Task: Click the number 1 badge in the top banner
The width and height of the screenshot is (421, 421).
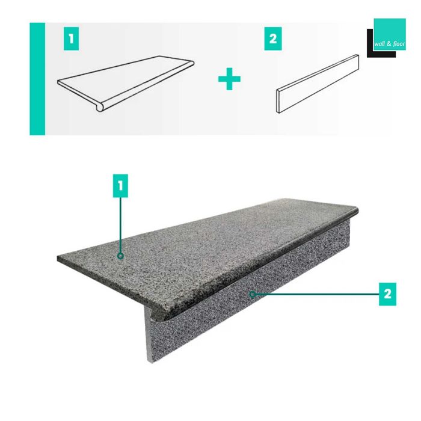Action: [72, 40]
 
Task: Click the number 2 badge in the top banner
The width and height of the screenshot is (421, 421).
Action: [272, 40]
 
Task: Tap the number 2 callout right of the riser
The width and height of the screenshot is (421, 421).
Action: [388, 293]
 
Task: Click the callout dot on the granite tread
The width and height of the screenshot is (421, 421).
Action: [121, 257]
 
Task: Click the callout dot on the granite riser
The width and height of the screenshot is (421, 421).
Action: [253, 294]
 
